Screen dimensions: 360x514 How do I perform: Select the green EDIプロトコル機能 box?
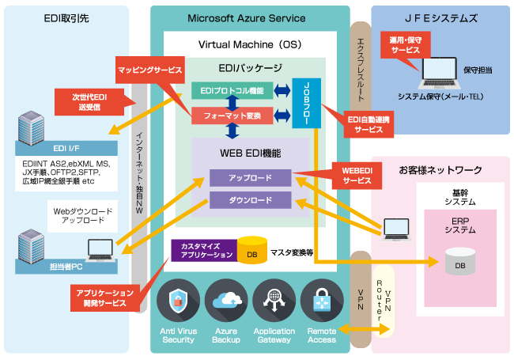(x=232, y=90)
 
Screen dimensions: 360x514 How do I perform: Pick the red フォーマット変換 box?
(x=232, y=116)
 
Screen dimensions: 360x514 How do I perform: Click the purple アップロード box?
(x=250, y=179)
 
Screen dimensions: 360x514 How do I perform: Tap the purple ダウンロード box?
(x=250, y=199)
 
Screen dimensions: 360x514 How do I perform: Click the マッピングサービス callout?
(x=150, y=70)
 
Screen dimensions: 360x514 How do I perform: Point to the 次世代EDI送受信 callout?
(x=88, y=102)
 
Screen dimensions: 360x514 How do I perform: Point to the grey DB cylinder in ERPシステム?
(x=459, y=262)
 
